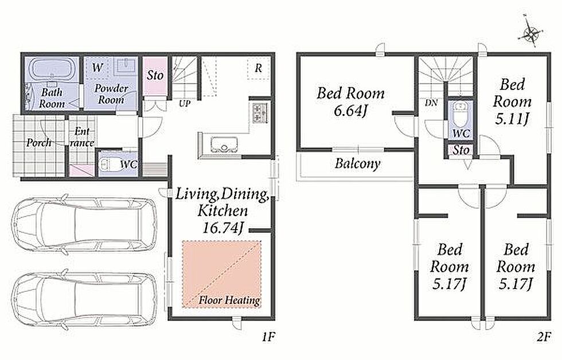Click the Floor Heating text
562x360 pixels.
229,300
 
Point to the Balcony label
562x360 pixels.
357,164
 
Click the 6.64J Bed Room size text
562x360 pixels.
350,111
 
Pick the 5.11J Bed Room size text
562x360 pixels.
512,119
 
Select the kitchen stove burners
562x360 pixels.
258,112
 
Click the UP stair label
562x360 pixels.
185,104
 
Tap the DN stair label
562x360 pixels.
431,103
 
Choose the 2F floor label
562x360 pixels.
543,336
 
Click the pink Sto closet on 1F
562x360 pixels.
155,76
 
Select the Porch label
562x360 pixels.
39,143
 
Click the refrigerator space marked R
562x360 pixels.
259,68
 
